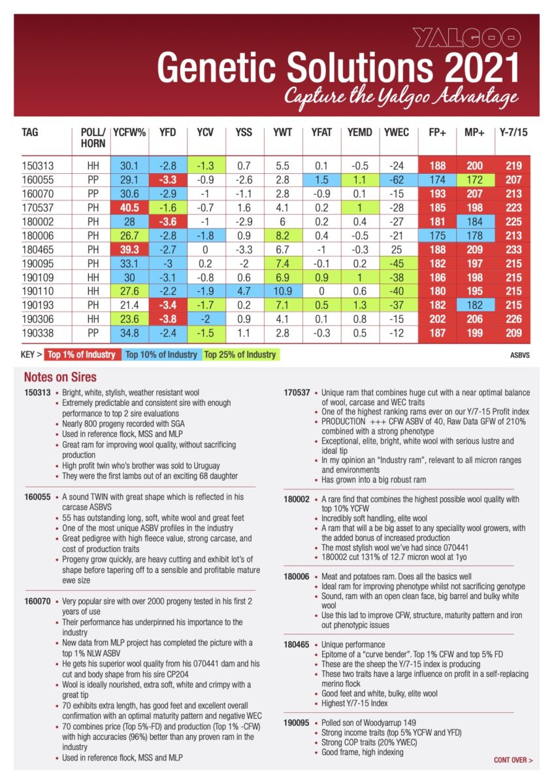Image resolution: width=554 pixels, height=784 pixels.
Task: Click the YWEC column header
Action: coord(396,132)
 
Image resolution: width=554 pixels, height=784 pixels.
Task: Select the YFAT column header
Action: coord(321,132)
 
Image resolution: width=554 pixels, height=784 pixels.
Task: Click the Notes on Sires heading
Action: coord(60,377)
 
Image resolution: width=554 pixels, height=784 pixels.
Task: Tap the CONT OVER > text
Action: coord(513,760)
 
